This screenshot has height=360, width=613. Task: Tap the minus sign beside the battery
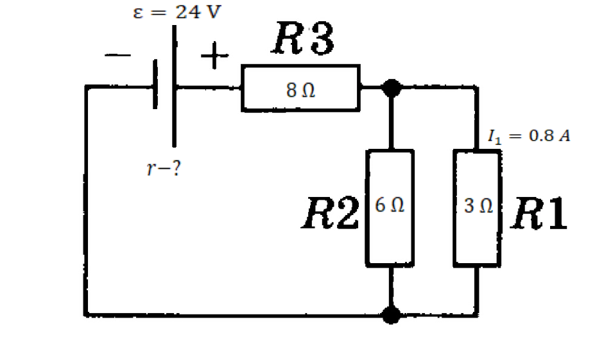point(118,56)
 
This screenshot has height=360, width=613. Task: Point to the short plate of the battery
point(155,85)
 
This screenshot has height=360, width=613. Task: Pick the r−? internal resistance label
point(162,170)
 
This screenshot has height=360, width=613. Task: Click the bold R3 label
point(302,41)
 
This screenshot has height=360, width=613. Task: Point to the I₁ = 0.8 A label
point(529,137)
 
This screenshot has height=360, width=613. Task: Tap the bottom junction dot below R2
point(390,314)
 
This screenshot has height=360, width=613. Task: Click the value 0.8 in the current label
point(540,137)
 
